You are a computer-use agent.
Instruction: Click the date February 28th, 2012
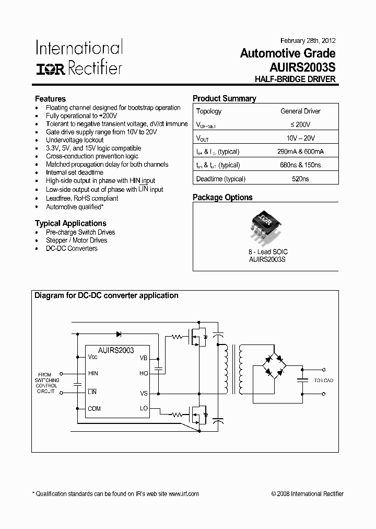[x=308, y=41]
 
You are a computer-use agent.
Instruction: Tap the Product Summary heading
[x=225, y=98]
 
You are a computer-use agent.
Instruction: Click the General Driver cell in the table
[x=300, y=111]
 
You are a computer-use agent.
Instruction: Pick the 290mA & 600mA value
[x=300, y=152]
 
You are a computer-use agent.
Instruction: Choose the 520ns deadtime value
[x=300, y=179]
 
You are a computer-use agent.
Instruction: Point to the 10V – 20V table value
[x=300, y=138]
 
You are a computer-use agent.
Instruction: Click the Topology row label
[x=209, y=111]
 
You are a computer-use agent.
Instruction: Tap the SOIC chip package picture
[x=266, y=227]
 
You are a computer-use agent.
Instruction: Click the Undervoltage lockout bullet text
[x=75, y=140]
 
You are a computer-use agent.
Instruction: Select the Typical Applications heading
[x=70, y=223]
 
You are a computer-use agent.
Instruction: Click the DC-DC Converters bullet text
[x=72, y=248]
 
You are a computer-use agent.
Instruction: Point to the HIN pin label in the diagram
[x=93, y=373]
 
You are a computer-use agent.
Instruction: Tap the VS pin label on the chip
[x=144, y=393]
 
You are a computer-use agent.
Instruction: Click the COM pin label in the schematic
[x=94, y=409]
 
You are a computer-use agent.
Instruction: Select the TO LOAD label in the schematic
[x=323, y=381]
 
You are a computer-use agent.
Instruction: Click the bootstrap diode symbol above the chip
[x=119, y=333]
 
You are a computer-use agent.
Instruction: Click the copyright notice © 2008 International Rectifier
[x=308, y=494]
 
